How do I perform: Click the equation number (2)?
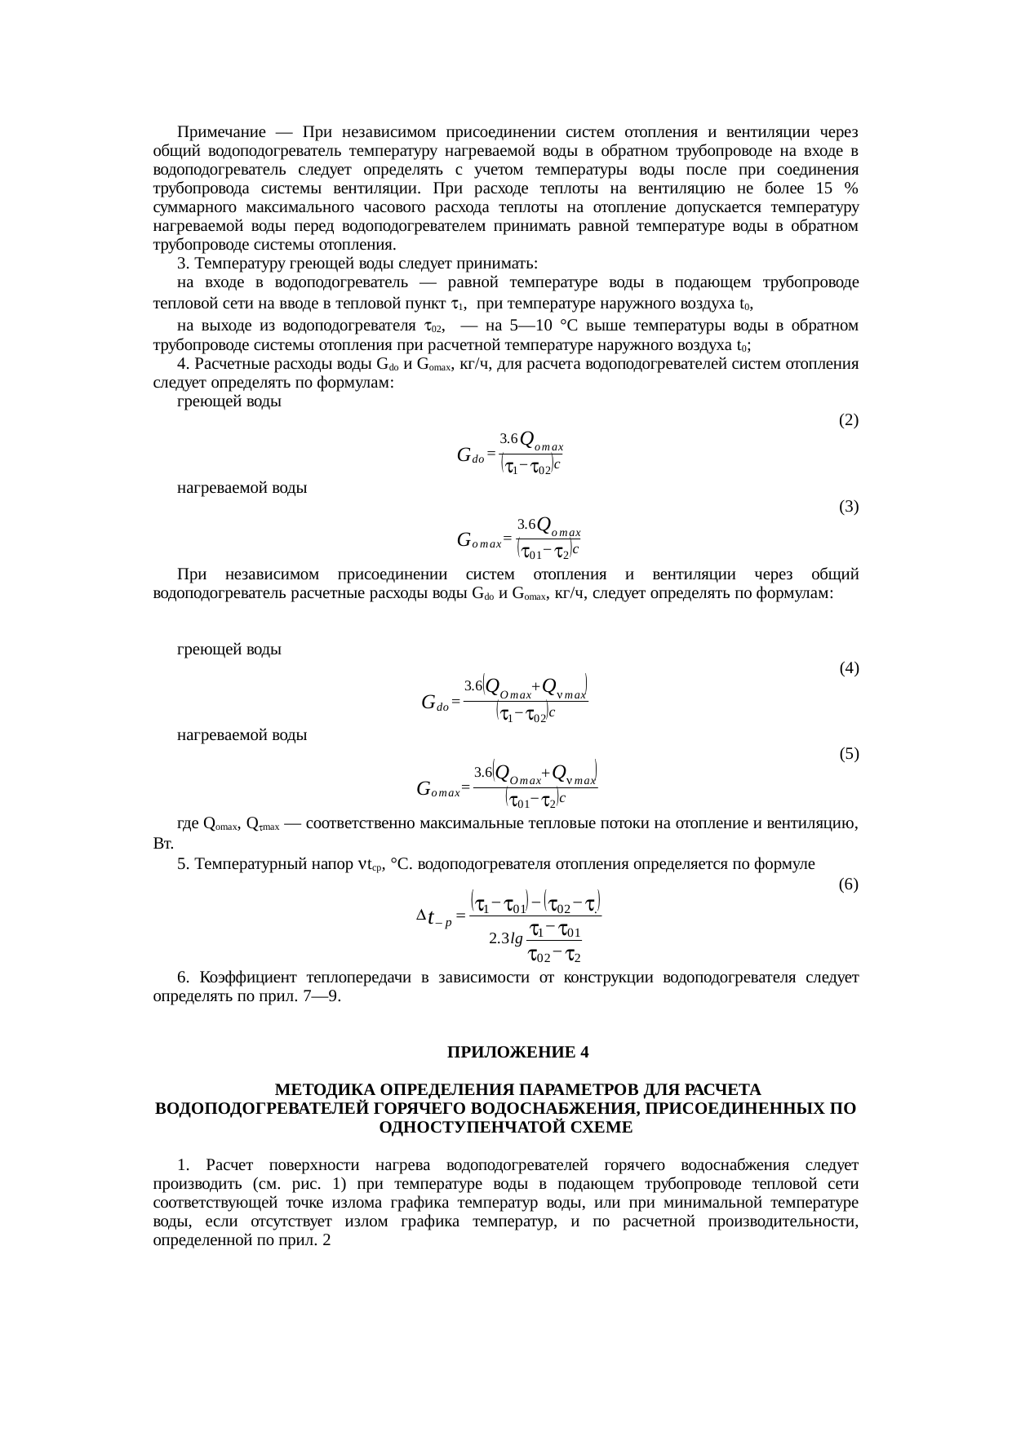[x=848, y=421]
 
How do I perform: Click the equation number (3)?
[x=848, y=507]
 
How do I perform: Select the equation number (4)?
[x=848, y=669]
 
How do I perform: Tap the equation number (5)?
[x=848, y=754]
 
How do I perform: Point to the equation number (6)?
[x=848, y=884]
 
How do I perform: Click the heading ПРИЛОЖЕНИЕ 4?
[x=517, y=1052]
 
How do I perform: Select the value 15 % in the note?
[x=836, y=188]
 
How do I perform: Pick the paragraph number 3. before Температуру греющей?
[x=183, y=264]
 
